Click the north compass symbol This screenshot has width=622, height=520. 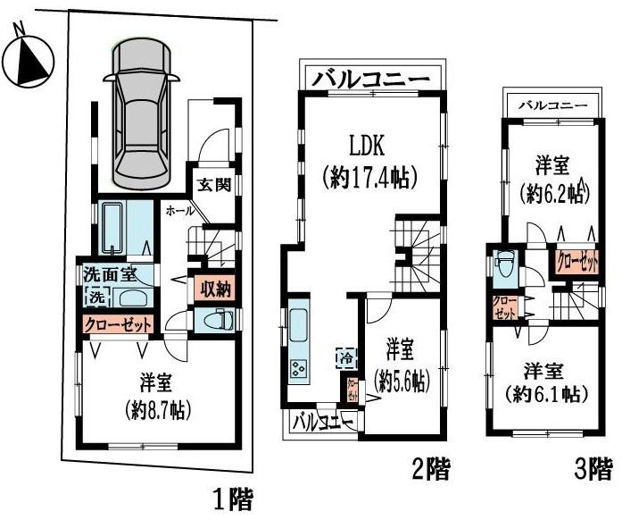[28, 58]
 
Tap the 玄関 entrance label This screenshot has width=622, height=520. [214, 186]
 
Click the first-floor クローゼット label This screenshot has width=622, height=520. [119, 323]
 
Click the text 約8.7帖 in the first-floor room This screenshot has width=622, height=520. [156, 412]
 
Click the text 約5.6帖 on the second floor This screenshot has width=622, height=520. [402, 380]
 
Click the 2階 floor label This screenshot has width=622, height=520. [430, 466]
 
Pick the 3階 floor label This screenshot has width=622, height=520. [593, 466]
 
